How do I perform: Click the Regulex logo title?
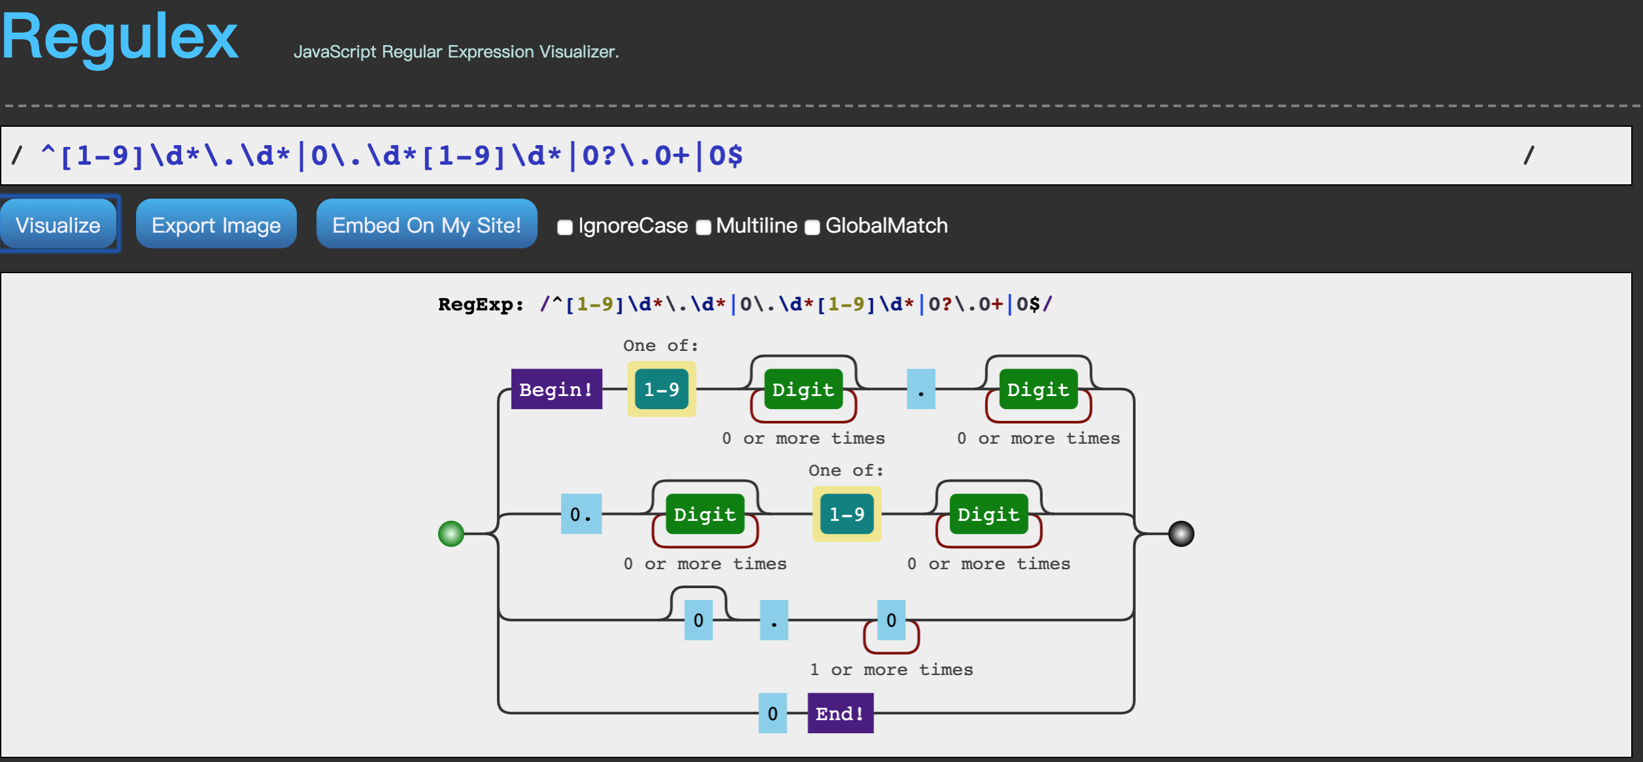[120, 37]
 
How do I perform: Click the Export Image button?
[216, 224]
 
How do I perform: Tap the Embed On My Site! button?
[426, 224]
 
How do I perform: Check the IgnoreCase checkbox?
[565, 227]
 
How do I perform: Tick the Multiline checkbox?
[703, 227]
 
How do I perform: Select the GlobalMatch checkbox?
[812, 227]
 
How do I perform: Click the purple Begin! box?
[556, 389]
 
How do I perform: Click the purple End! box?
[840, 713]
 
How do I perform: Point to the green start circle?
[451, 534]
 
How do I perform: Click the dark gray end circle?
[1181, 534]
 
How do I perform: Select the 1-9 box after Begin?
[662, 389]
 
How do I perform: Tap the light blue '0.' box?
[581, 514]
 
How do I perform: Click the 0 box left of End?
[773, 713]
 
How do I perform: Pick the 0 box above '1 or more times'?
[891, 620]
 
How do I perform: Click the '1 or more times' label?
[891, 670]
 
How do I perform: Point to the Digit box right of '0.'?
[705, 514]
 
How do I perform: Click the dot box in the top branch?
[921, 389]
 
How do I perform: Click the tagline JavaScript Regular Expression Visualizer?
[456, 52]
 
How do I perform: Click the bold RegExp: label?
[481, 305]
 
